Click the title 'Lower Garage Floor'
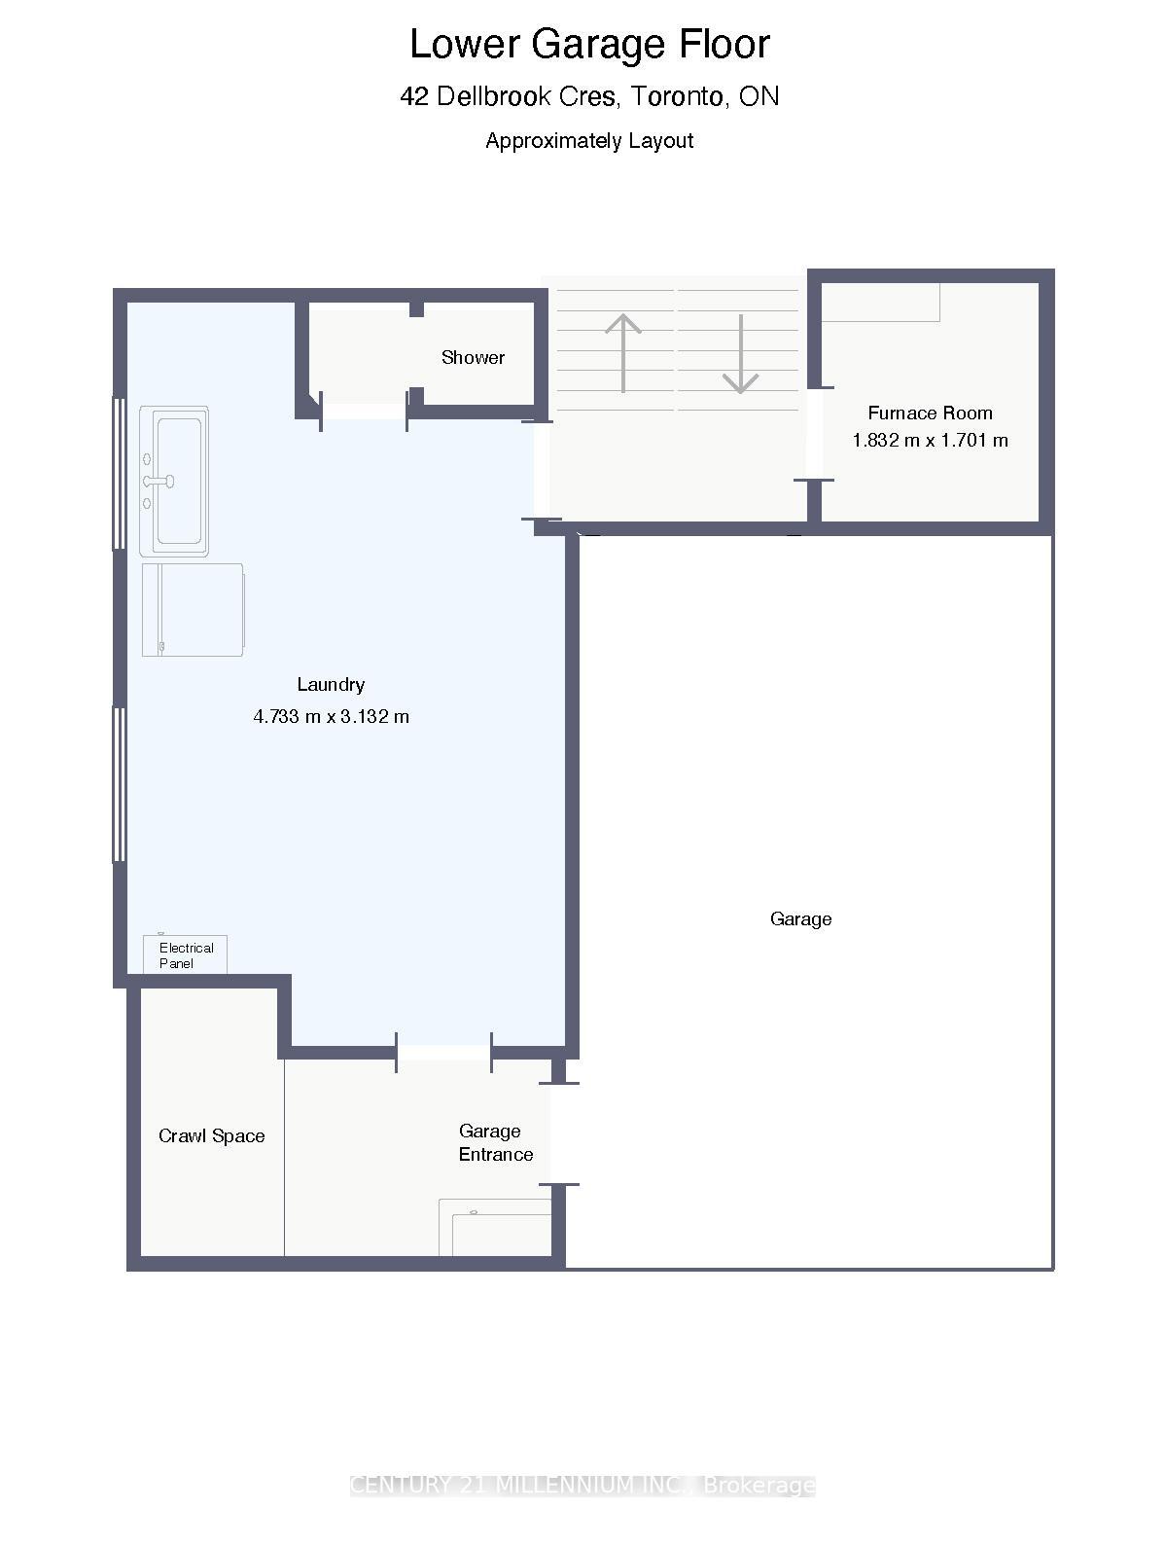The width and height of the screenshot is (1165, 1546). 589,45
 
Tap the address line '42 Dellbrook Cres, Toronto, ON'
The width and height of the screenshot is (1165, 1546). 589,96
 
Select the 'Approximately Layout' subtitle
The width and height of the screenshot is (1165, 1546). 589,140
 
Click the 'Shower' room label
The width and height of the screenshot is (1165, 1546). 473,357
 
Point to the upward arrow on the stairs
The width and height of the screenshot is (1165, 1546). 622,351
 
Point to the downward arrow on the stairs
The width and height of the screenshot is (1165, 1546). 740,354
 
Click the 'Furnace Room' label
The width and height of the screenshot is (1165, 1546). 930,413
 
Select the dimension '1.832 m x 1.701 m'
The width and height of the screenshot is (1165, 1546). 930,440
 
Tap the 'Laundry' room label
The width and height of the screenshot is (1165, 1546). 331,684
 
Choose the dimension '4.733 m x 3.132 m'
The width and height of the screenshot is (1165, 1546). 331,716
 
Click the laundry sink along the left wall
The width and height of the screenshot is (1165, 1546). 175,481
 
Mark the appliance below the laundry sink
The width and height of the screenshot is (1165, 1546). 193,609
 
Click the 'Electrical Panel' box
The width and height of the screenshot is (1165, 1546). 185,954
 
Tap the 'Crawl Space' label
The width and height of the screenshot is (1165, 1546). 211,1135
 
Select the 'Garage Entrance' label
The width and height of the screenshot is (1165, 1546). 495,1142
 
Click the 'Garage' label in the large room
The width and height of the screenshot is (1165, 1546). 800,918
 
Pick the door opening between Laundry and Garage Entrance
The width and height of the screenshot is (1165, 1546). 443,1052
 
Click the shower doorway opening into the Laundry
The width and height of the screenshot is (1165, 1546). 364,412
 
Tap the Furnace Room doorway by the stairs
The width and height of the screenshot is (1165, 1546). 815,434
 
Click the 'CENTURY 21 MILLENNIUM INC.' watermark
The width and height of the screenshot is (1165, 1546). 582,1485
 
